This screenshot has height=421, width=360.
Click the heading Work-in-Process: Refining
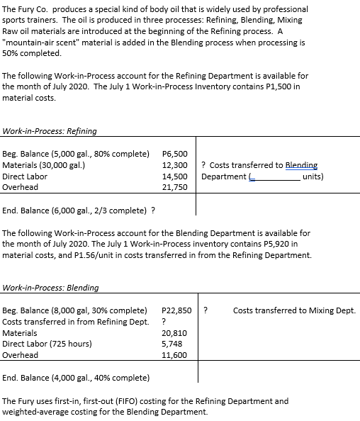pyautogui.click(x=50, y=130)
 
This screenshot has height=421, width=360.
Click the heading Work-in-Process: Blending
pyautogui.click(x=51, y=288)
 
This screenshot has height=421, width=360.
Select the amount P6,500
pyautogui.click(x=175, y=153)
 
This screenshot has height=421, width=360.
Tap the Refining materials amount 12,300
pyautogui.click(x=175, y=164)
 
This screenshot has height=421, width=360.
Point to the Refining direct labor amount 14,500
pyautogui.click(x=175, y=176)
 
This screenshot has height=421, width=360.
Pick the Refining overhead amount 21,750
pyautogui.click(x=175, y=187)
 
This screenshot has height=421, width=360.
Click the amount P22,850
pyautogui.click(x=176, y=310)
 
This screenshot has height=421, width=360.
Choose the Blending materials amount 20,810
pyautogui.click(x=174, y=332)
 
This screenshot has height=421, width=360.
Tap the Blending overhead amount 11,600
pyautogui.click(x=174, y=355)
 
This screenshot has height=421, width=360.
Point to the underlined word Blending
pyautogui.click(x=302, y=164)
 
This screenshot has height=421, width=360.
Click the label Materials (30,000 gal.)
pyautogui.click(x=45, y=164)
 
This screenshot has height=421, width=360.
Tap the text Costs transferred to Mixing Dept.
pyautogui.click(x=294, y=310)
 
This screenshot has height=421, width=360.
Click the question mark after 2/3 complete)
pyautogui.click(x=154, y=210)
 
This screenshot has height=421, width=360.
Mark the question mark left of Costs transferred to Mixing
pyautogui.click(x=206, y=310)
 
